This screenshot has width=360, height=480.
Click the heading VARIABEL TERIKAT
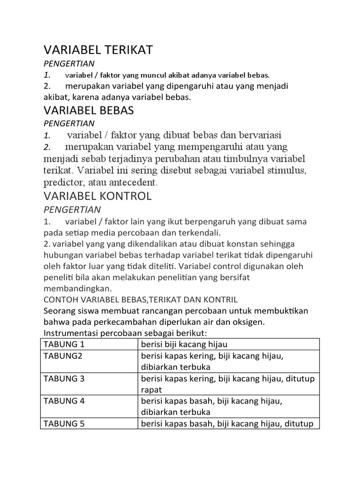(x=98, y=50)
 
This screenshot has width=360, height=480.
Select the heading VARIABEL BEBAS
(x=89, y=110)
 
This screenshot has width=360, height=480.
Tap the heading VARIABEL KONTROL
(x=97, y=196)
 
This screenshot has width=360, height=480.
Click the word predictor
(x=63, y=181)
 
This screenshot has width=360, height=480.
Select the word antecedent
(x=135, y=181)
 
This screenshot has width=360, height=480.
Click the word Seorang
(x=59, y=311)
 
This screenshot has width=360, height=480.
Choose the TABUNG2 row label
(x=62, y=356)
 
